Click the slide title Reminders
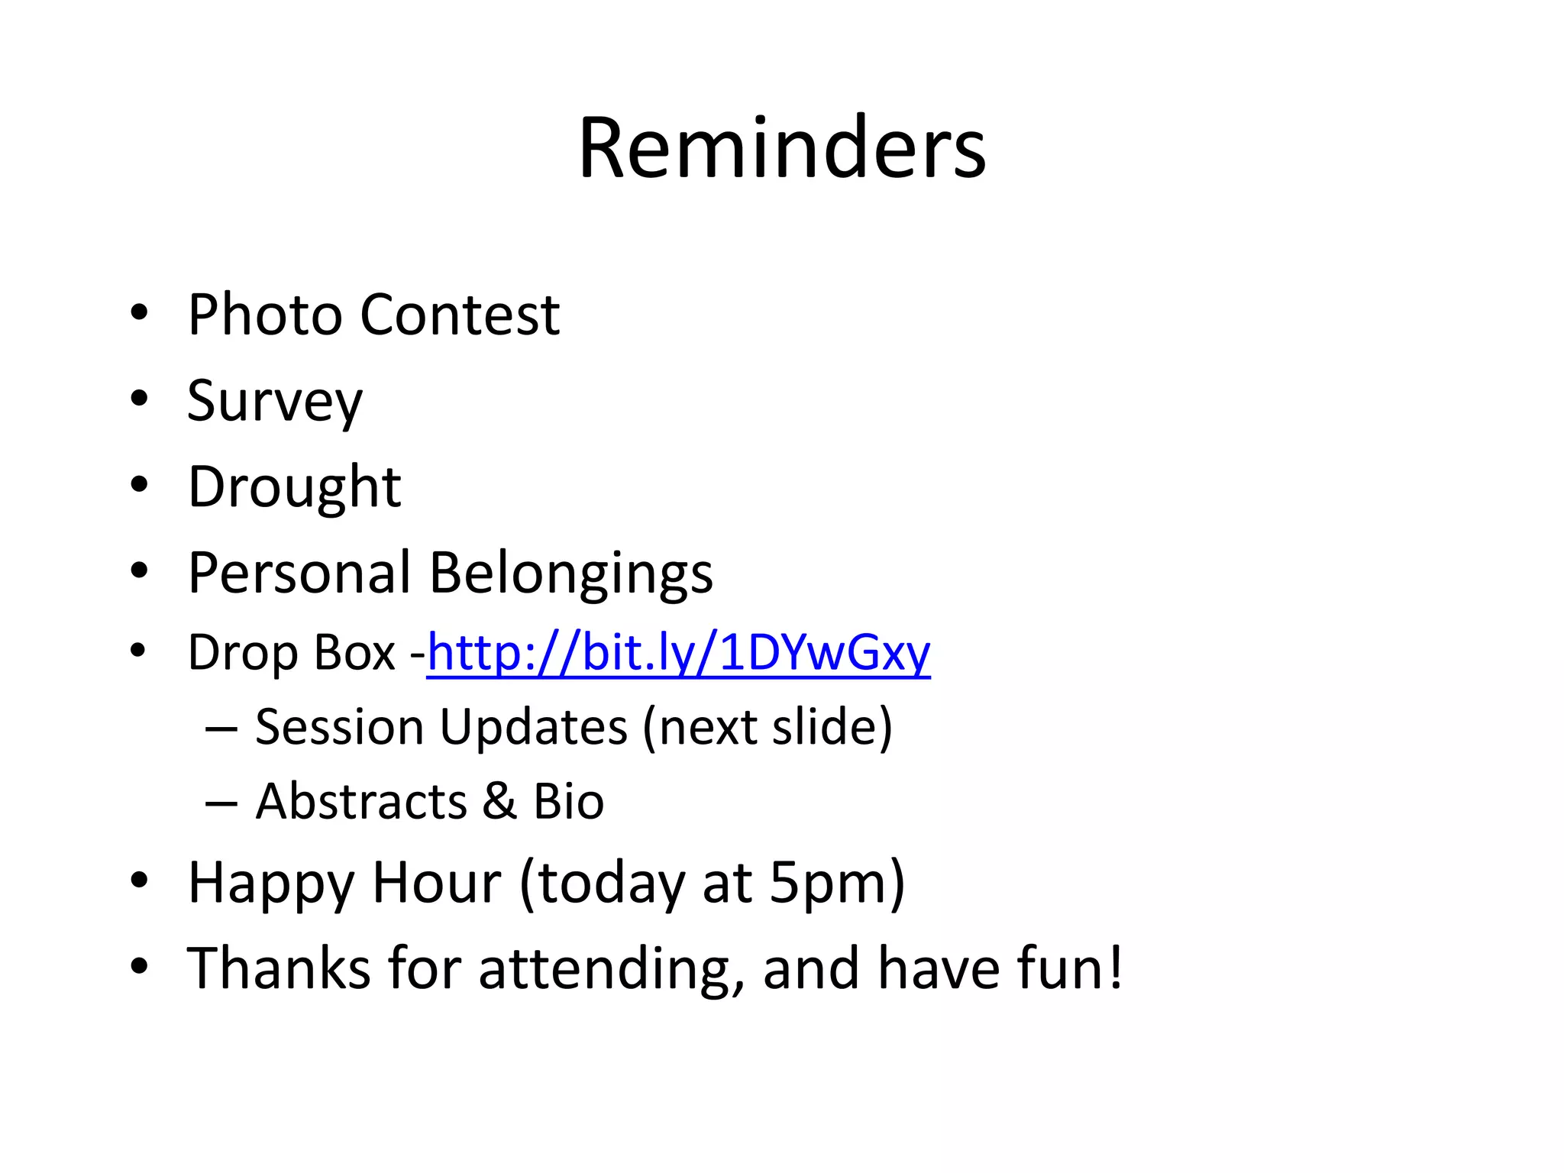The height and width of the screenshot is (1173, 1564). pyautogui.click(x=782, y=148)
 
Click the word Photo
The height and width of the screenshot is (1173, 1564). pyautogui.click(x=265, y=315)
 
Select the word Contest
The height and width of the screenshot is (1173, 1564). pyautogui.click(x=460, y=315)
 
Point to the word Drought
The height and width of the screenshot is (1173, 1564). pyautogui.click(x=294, y=488)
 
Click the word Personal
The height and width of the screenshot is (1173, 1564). pyautogui.click(x=299, y=573)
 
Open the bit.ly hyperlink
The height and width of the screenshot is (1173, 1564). pyautogui.click(x=678, y=654)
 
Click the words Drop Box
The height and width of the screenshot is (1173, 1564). pyautogui.click(x=292, y=654)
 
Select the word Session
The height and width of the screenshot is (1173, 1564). pyautogui.click(x=339, y=727)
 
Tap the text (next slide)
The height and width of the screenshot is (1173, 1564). pyautogui.click(x=767, y=727)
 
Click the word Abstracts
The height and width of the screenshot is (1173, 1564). pyautogui.click(x=361, y=802)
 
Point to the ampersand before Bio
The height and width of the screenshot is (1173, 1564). pyautogui.click(x=500, y=802)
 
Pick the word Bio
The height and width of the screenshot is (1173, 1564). pyautogui.click(x=568, y=802)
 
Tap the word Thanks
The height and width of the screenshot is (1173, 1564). pyautogui.click(x=279, y=968)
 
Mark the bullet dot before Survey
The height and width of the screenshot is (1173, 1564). pyautogui.click(x=138, y=398)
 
